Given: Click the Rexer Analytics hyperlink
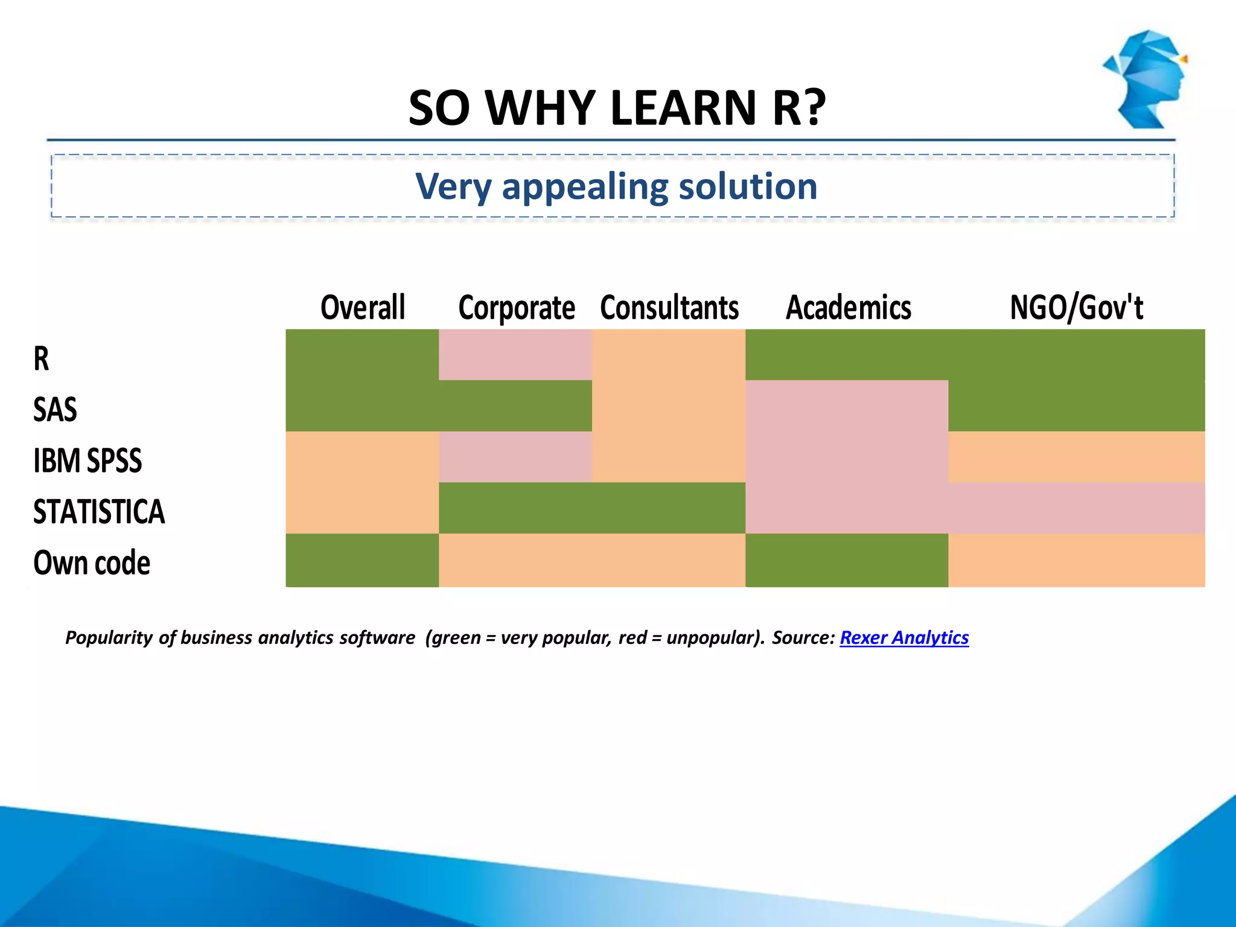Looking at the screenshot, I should point(904,637).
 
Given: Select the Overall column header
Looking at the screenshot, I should point(363,307).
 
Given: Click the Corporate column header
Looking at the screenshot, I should point(517,308).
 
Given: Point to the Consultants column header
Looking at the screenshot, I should point(669,307).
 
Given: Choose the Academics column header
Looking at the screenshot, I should point(848,307).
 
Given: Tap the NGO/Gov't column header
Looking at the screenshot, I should point(1076,307).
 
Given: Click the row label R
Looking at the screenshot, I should point(41,358).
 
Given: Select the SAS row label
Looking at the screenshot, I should point(55,409).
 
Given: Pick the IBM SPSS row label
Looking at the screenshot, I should point(88,460).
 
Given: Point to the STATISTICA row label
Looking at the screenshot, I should point(99,511).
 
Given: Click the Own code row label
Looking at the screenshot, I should point(92,562).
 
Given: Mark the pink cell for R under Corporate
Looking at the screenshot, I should point(515,355).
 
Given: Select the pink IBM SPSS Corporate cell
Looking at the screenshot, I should point(515,457).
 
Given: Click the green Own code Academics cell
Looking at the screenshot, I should point(846,560).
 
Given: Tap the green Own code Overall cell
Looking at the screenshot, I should point(362,560).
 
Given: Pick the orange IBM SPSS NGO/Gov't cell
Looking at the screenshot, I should point(1076,457).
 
